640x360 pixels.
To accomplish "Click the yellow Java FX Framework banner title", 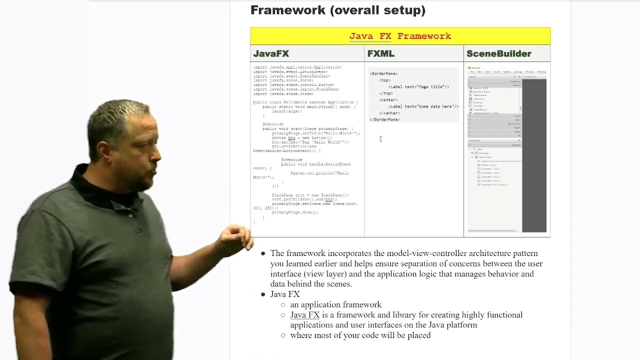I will point(400,36).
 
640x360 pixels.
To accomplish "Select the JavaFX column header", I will point(271,53).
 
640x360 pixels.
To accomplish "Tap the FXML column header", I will point(381,53).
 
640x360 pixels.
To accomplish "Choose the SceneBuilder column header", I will point(498,53).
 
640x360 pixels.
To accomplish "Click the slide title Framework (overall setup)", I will point(337,10).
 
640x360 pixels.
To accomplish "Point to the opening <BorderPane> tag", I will point(383,73).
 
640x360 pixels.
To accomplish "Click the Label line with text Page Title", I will point(418,87).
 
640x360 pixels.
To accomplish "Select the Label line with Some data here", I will point(423,106).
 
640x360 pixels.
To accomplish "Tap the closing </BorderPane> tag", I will point(384,120).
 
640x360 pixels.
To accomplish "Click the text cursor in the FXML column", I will point(380,139).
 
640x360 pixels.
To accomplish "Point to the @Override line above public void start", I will point(273,124).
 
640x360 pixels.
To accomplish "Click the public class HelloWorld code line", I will point(305,102).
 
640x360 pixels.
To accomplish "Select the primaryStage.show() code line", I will point(295,212).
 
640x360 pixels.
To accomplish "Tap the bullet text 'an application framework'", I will point(335,304).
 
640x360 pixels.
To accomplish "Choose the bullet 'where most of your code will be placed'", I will point(360,335).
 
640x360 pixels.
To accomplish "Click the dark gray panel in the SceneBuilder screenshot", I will point(534,155).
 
